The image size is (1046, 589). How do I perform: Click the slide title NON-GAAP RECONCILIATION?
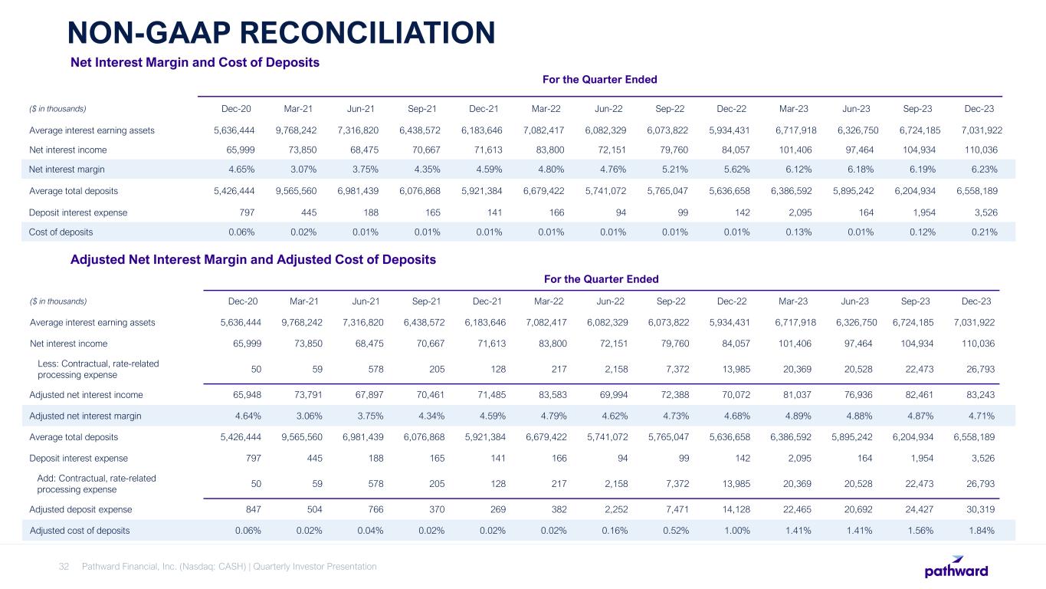pos(280,32)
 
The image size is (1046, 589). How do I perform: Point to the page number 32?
pos(64,567)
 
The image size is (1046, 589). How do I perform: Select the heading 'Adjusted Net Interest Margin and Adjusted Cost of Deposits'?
pos(253,260)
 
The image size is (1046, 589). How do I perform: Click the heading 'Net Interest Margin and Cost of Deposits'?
pos(195,61)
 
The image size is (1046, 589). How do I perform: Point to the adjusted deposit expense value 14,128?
pos(733,509)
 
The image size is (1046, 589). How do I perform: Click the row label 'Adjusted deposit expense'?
pos(80,509)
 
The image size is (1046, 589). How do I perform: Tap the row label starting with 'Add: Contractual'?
pos(97,483)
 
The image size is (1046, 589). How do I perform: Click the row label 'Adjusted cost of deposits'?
pos(79,530)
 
